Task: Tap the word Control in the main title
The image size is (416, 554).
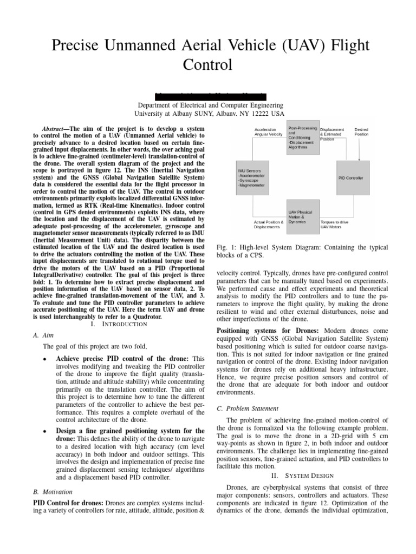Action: (x=209, y=65)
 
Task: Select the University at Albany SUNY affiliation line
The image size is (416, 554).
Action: (x=209, y=114)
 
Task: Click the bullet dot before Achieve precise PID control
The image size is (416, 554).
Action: (x=43, y=359)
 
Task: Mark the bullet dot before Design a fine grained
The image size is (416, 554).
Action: (x=43, y=431)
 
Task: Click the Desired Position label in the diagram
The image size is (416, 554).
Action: (x=361, y=132)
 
